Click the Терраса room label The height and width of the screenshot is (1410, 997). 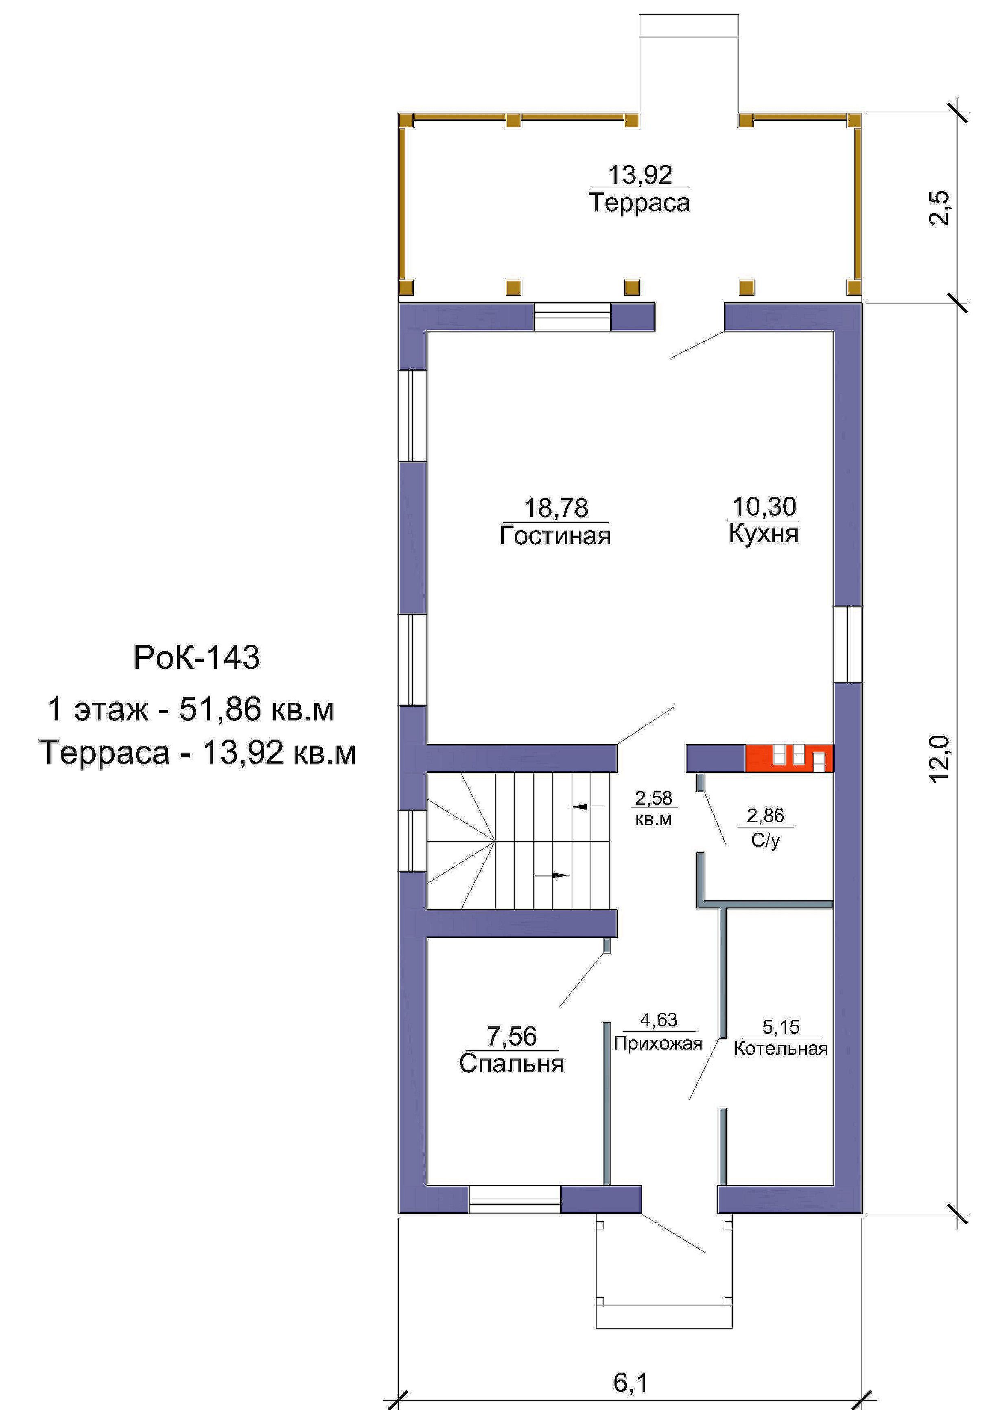coord(639,203)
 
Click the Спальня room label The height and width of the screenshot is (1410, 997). coord(512,1064)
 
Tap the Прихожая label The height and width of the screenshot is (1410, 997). coord(658,1043)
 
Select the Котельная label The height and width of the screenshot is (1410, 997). coord(781,1048)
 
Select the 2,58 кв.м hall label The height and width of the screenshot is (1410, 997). coord(654,808)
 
